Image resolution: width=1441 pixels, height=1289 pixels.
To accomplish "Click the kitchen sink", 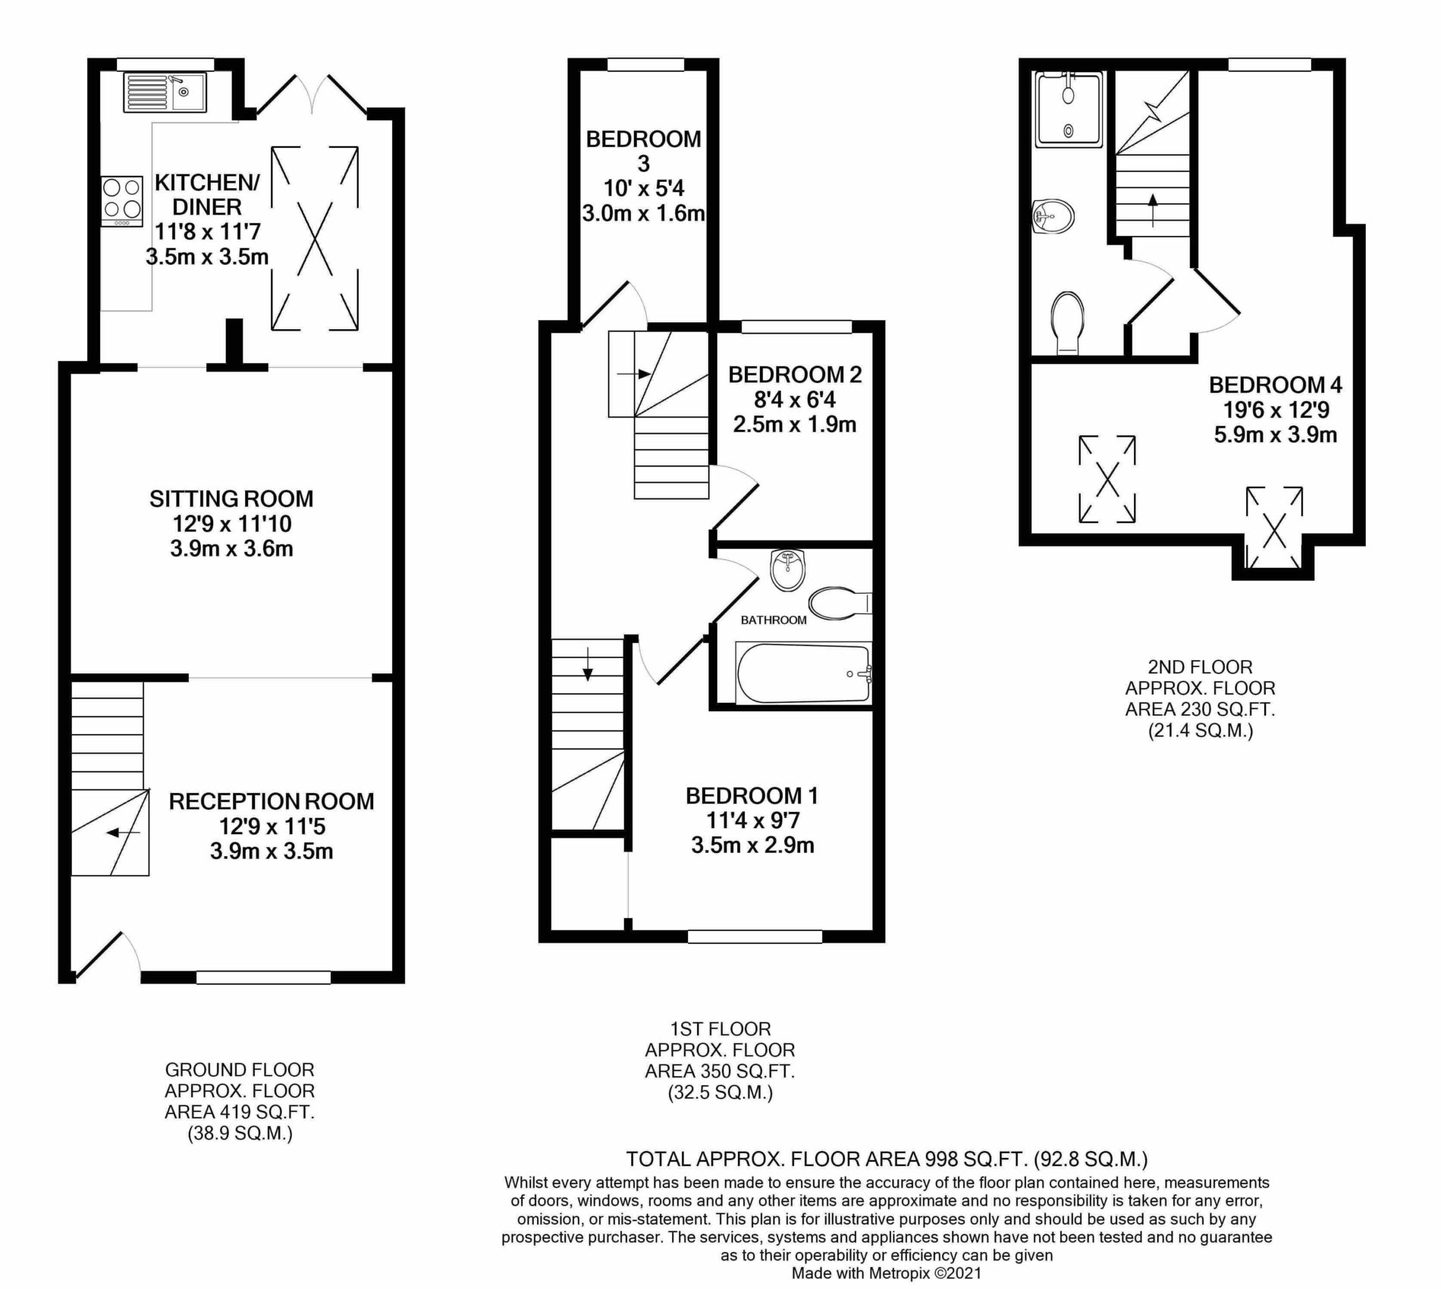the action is click(164, 92).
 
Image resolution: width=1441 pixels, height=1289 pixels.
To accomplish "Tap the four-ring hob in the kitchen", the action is click(123, 201).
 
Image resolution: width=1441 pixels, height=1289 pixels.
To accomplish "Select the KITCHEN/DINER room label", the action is click(207, 194).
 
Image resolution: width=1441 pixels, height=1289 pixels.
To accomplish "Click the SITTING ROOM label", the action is click(231, 499).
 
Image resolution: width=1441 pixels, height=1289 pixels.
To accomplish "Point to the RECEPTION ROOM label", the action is click(272, 801).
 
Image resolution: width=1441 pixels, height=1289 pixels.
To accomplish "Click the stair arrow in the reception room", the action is click(123, 833).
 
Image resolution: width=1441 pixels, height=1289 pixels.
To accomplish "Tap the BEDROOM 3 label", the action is click(643, 151).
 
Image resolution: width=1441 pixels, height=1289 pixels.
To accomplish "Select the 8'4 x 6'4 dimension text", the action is click(795, 399).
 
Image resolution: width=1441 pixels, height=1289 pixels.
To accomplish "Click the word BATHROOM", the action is click(774, 620).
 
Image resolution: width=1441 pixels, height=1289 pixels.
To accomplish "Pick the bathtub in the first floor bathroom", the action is click(803, 673).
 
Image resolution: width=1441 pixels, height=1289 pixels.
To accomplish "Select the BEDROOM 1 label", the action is click(752, 795).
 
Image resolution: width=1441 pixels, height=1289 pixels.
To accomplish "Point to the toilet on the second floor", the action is click(1068, 323).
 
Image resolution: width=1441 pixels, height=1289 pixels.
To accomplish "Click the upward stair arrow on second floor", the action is click(1153, 211).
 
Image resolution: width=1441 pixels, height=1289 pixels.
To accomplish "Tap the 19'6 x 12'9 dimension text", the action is click(1276, 410).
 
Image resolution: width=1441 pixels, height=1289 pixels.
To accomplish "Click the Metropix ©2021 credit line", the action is click(887, 1273).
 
